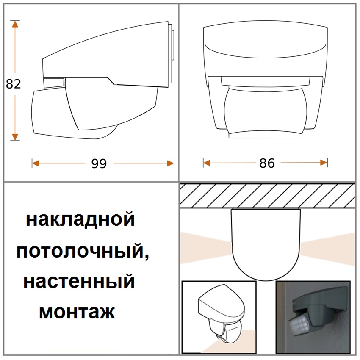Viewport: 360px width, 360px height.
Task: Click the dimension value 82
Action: (13, 84)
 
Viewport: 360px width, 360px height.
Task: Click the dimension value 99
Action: (99, 164)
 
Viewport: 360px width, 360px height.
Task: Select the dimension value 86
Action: (267, 163)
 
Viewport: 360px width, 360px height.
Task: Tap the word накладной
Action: (80, 220)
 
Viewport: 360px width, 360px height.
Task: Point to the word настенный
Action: (79, 282)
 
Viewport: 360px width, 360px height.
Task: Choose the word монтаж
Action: (77, 312)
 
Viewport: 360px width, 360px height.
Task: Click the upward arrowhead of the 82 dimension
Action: (15, 24)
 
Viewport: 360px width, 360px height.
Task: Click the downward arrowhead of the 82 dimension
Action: (15, 137)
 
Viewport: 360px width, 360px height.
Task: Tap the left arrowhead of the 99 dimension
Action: (35, 163)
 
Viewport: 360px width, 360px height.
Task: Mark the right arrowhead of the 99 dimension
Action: (170, 163)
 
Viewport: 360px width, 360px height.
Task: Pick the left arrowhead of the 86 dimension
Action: (207, 163)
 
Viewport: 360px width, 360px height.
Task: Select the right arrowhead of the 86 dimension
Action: (324, 163)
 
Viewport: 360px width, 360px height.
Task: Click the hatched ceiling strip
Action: (267, 196)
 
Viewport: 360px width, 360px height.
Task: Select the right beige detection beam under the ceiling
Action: (327, 249)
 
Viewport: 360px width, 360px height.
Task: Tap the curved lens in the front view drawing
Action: (266, 111)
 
